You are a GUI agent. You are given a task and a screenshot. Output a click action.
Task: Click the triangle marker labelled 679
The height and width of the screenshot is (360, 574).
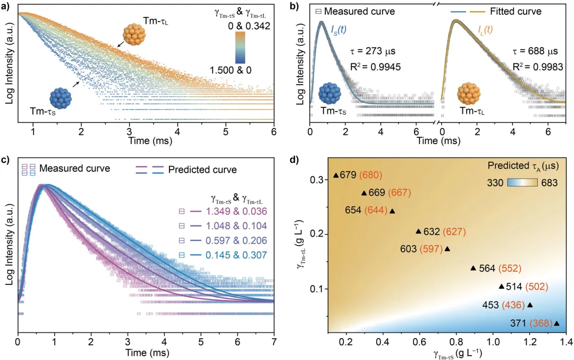(335, 175)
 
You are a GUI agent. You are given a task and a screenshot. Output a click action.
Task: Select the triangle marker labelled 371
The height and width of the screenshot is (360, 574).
(556, 323)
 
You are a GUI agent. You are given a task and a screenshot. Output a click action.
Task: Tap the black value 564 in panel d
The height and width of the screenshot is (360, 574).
(488, 268)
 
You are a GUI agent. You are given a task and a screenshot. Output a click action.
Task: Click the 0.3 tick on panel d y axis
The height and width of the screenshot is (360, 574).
(318, 180)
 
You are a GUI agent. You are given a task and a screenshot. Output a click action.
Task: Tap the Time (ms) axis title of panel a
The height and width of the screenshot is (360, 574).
(146, 143)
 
